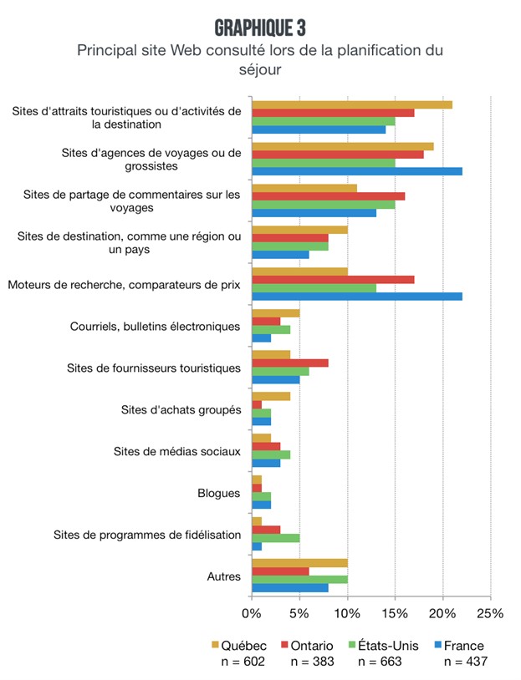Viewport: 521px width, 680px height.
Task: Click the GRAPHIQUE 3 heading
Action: (x=260, y=28)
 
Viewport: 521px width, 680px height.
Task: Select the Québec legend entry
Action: (x=238, y=645)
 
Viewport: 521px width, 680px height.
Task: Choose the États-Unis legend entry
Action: (x=379, y=645)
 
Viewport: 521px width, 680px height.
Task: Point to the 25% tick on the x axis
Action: (x=490, y=613)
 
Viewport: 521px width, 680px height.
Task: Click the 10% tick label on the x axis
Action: (x=347, y=613)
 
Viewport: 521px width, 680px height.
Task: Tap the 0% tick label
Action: (x=252, y=613)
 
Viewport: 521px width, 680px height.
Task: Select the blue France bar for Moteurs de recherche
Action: (x=357, y=296)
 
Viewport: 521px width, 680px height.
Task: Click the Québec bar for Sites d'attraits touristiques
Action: (x=352, y=104)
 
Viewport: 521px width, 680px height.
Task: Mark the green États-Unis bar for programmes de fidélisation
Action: (x=276, y=537)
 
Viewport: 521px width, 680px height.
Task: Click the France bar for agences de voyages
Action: (x=357, y=171)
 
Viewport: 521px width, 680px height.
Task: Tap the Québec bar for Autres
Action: (x=299, y=562)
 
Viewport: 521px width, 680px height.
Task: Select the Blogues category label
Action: (x=222, y=493)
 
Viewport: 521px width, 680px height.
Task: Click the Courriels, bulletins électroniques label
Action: (x=156, y=326)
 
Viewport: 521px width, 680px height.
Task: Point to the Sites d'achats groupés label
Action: (x=181, y=409)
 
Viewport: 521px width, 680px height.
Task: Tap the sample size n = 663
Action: (x=381, y=662)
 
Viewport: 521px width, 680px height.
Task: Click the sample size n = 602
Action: (x=238, y=662)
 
